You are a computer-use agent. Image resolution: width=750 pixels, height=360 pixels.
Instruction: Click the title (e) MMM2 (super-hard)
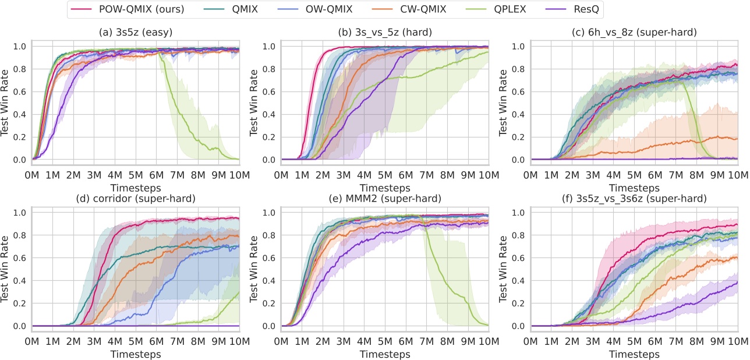[x=385, y=199]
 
